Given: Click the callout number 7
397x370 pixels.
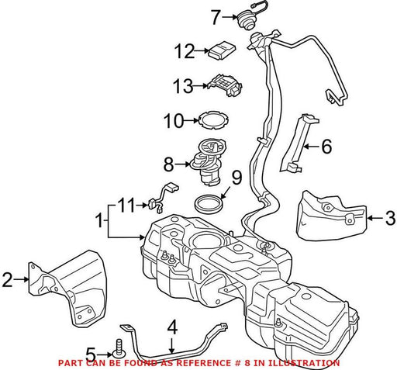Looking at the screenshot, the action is pyautogui.click(x=216, y=18).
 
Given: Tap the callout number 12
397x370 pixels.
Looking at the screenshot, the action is pyautogui.click(x=185, y=51).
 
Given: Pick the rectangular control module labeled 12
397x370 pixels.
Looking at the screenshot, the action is pyautogui.click(x=222, y=50).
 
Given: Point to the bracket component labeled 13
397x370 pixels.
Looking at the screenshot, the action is pyautogui.click(x=226, y=85).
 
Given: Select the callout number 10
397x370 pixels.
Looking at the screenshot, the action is pyautogui.click(x=174, y=121).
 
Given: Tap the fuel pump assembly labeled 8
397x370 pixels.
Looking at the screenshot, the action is pyautogui.click(x=207, y=162).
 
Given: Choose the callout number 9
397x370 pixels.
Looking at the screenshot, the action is pyautogui.click(x=236, y=178).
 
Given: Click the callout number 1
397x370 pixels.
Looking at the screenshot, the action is pyautogui.click(x=98, y=220).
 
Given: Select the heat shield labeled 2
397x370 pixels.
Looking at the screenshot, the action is pyautogui.click(x=67, y=289).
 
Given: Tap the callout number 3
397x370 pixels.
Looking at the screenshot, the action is pyautogui.click(x=390, y=218).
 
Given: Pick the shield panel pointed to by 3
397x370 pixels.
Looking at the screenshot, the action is pyautogui.click(x=332, y=216).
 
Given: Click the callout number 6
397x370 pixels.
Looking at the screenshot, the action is pyautogui.click(x=326, y=147).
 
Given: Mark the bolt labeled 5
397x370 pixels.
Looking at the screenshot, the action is pyautogui.click(x=119, y=349).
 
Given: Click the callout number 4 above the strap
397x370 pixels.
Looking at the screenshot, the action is pyautogui.click(x=172, y=327).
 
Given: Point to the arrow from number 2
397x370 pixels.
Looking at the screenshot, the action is pyautogui.click(x=21, y=279).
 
